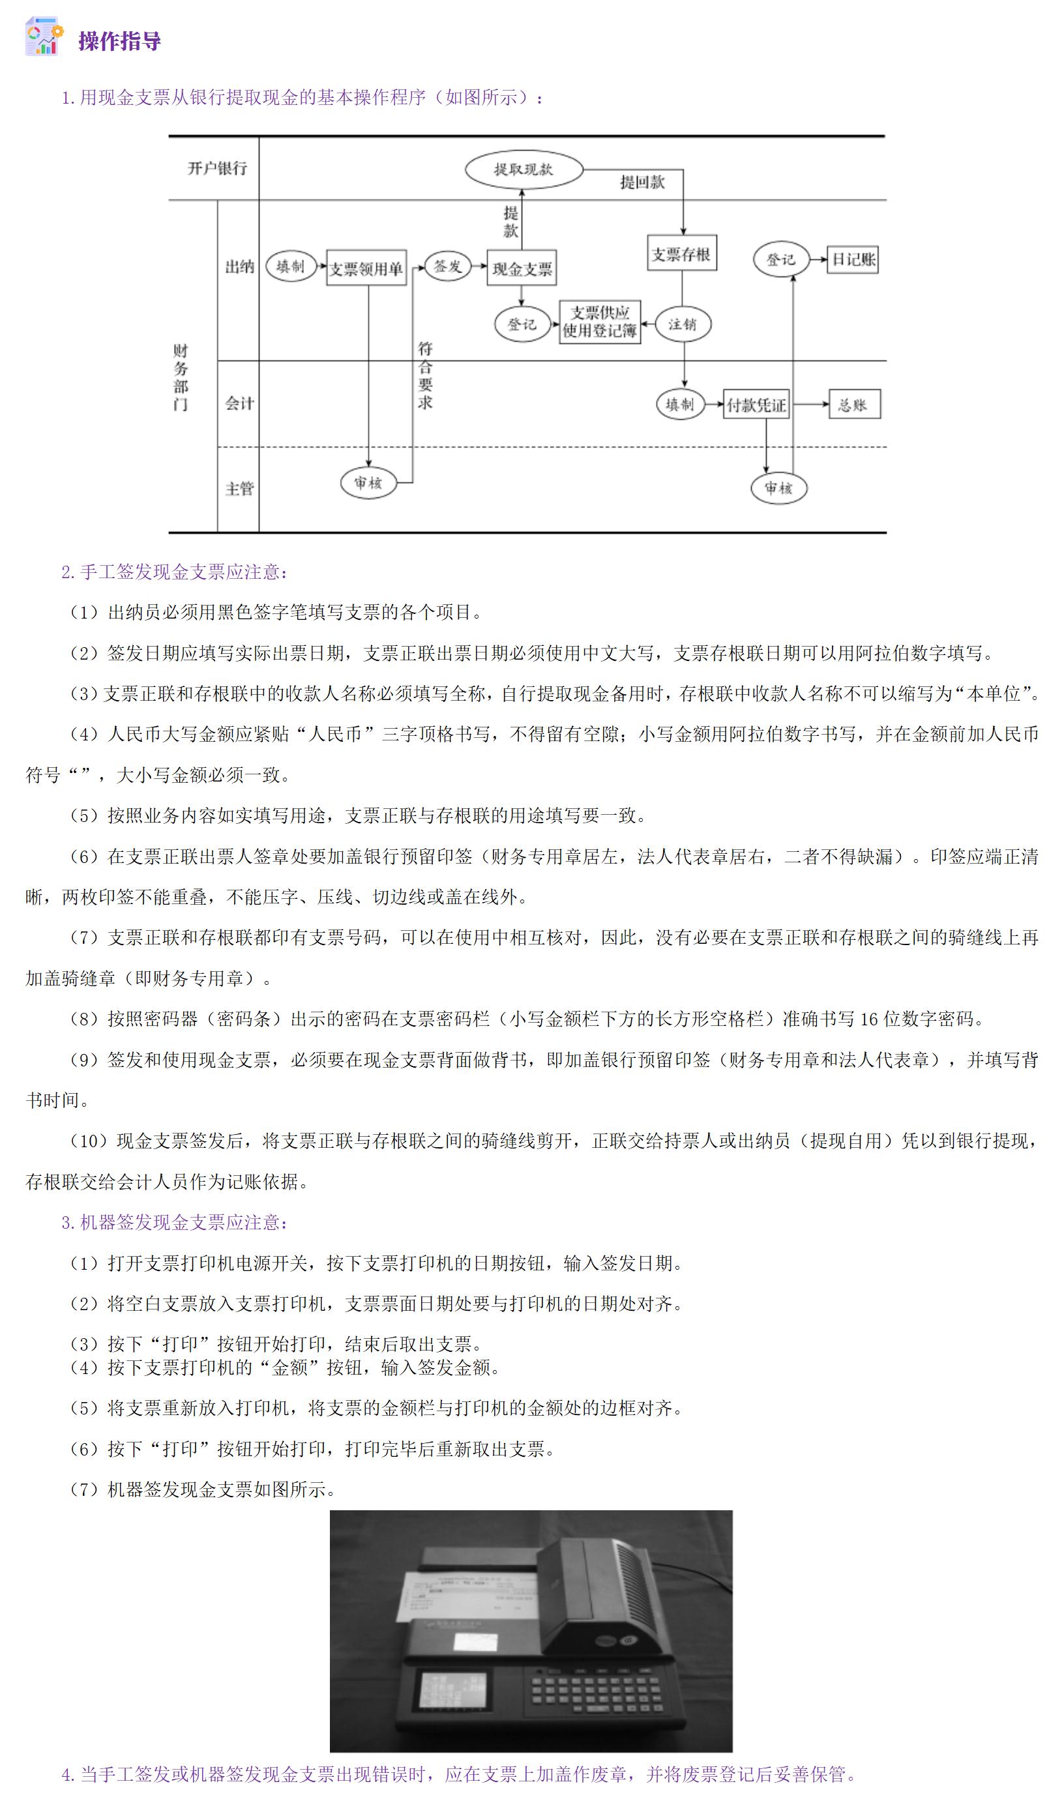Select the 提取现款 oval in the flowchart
tap(524, 170)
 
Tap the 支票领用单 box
tap(366, 268)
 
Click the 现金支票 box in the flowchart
tap(522, 269)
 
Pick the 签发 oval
tap(447, 266)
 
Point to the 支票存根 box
tap(681, 254)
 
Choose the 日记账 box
tap(853, 259)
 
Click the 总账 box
tap(854, 405)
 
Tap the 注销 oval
tap(683, 324)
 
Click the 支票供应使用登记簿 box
tap(599, 322)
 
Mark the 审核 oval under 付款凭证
tap(778, 489)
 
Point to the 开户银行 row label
tap(217, 168)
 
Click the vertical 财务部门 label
tap(181, 377)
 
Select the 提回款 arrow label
tap(642, 183)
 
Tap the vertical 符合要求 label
tap(425, 375)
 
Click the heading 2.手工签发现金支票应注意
tap(175, 572)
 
